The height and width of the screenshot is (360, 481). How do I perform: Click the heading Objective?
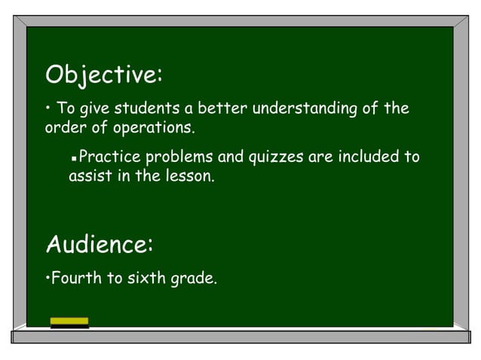point(104,75)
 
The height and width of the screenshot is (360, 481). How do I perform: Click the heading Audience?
point(100,245)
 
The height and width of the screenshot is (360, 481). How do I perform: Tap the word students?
point(142,108)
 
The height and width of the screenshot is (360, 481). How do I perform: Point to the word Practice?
point(109,158)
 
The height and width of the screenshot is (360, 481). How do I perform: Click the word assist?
point(87,178)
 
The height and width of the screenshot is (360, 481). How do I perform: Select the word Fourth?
point(75,279)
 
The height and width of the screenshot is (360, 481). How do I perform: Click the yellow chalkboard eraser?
point(69,323)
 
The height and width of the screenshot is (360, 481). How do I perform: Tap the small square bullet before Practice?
point(73,160)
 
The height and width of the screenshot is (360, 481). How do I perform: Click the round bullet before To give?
point(49,108)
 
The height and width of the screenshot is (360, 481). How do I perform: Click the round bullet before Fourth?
point(47,279)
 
